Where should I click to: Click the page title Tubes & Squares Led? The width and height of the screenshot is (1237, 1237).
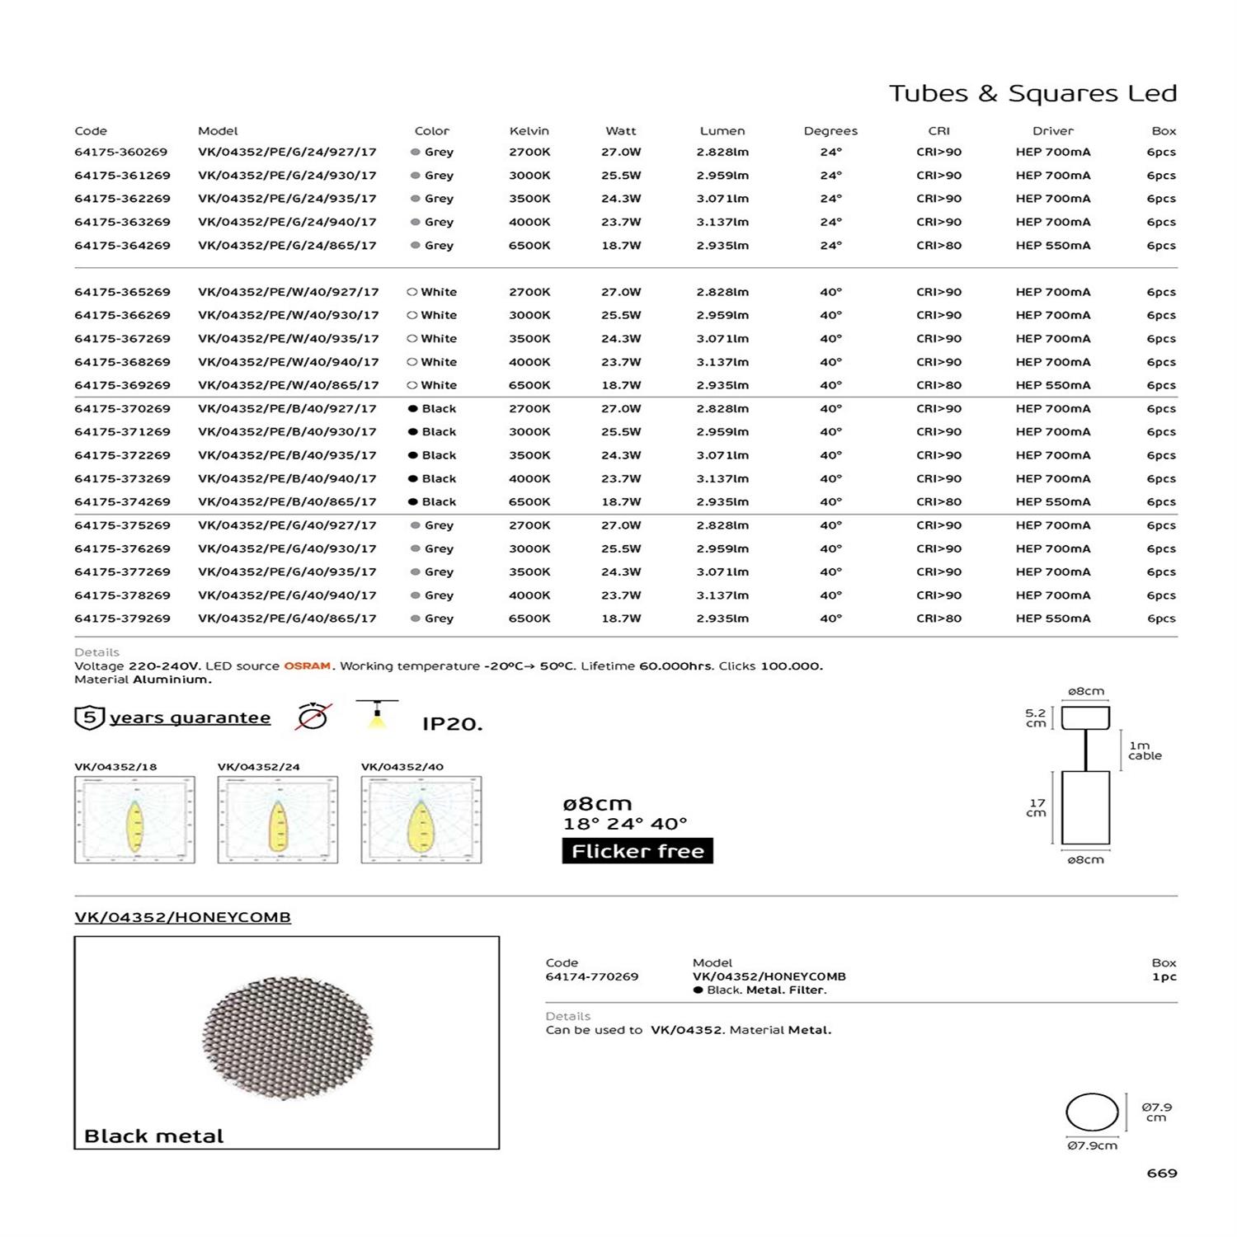pos(1032,93)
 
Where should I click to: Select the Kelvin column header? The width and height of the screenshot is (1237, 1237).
pos(529,131)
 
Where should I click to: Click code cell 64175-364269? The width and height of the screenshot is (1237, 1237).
pos(122,246)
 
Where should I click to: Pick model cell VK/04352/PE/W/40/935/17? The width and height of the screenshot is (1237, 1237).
pos(288,339)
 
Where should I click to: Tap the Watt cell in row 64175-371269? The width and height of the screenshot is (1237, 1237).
pos(620,432)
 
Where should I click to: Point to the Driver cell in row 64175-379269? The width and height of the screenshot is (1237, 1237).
pos(1052,618)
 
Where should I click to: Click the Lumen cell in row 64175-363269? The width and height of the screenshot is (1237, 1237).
pos(722,223)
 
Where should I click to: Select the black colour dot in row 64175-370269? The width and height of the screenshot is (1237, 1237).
pos(412,409)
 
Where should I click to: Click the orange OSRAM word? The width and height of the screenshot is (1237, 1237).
pos(307,666)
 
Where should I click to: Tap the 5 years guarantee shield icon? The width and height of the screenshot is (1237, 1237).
pos(89,717)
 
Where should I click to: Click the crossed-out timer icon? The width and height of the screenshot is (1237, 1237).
pos(313,716)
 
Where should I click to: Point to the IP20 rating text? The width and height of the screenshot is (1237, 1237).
pos(452,724)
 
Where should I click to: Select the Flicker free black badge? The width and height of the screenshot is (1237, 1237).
pos(637,851)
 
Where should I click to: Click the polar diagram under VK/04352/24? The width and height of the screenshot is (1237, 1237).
pos(277,820)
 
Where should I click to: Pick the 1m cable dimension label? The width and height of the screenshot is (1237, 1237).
pos(1145,750)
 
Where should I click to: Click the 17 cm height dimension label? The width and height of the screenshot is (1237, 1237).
pos(1037,807)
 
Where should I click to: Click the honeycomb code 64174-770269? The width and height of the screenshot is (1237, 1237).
pos(591,976)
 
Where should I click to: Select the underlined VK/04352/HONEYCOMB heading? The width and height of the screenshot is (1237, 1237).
pos(182,917)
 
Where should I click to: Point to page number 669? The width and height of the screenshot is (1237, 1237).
pos(1161,1173)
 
